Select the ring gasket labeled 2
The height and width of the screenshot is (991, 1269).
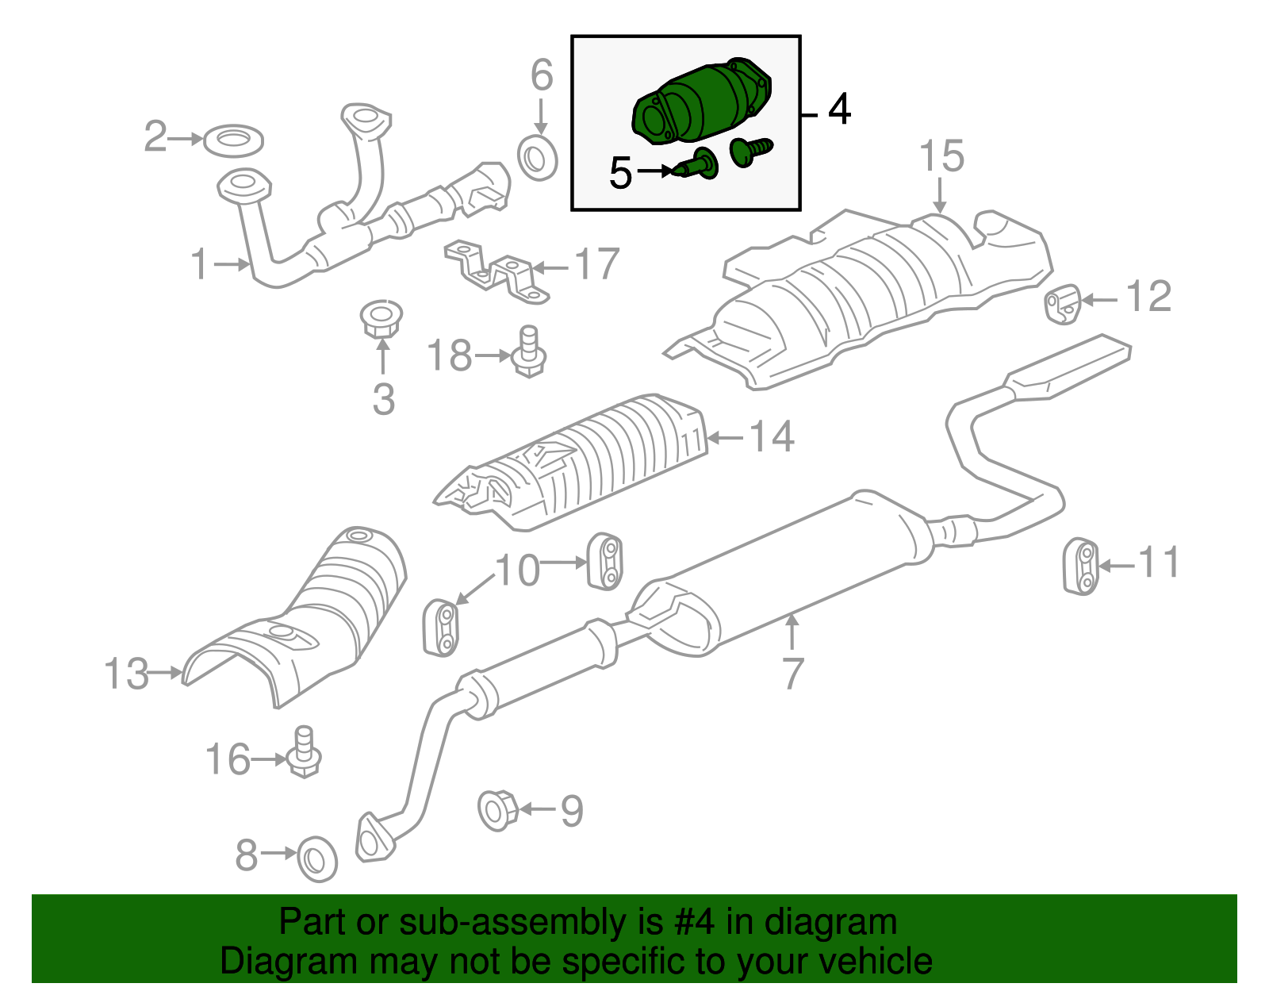click(234, 140)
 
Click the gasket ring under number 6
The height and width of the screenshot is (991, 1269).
click(538, 158)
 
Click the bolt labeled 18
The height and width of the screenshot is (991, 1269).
click(529, 353)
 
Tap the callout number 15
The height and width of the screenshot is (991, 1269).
click(941, 156)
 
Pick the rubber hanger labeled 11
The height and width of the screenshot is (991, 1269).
click(1080, 566)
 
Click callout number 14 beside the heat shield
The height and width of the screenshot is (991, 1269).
click(772, 436)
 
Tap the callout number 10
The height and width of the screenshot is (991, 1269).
click(517, 570)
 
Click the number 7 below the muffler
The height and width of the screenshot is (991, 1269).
click(792, 673)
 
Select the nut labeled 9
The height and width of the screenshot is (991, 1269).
click(497, 810)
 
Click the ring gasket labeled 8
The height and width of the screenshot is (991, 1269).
click(316, 859)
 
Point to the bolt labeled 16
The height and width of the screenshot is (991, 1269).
click(303, 753)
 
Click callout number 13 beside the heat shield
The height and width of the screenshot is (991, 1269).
click(126, 674)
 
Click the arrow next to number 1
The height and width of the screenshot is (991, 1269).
click(232, 264)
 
